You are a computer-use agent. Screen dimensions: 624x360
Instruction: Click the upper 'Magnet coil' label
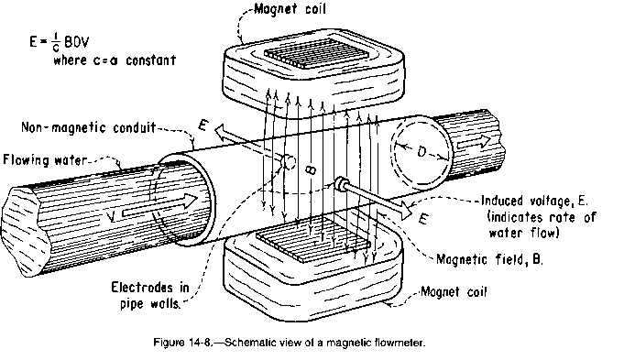290,9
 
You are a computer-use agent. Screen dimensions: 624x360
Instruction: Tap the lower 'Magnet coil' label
454,291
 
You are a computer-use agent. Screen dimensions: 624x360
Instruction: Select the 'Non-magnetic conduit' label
88,127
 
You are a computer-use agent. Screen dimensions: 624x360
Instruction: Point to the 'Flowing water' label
44,160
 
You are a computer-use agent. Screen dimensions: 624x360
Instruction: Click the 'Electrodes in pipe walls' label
150,296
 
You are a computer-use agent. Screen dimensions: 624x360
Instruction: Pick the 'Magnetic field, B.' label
489,259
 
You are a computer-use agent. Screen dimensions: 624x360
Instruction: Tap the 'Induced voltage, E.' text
534,201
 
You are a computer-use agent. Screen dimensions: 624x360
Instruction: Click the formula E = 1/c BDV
60,41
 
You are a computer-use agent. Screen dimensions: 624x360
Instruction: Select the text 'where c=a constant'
115,60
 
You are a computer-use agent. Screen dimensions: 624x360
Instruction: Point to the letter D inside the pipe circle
421,151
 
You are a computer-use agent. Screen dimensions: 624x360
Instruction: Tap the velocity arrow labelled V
160,206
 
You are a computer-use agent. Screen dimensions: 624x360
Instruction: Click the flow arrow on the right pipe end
474,142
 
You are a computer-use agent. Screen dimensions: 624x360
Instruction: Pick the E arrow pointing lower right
378,199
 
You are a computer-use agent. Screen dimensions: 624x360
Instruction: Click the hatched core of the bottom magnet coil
313,239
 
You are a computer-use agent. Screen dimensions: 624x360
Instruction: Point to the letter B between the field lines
312,169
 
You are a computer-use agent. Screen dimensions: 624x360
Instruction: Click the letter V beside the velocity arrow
112,217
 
